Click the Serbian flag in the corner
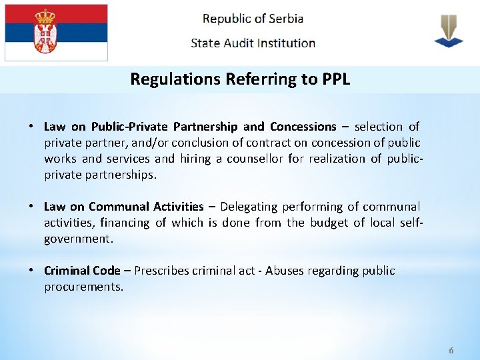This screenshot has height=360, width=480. [x=56, y=33]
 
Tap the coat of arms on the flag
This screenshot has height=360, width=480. [x=45, y=31]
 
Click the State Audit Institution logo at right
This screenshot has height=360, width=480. [x=448, y=31]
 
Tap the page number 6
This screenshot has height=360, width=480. [x=451, y=351]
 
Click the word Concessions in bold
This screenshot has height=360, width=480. [x=303, y=127]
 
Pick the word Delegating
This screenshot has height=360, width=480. [x=251, y=207]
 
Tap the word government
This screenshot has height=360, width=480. [x=76, y=239]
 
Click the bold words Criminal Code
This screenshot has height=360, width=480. [x=82, y=271]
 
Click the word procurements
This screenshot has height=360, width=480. [x=83, y=287]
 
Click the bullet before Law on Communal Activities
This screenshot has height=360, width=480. [x=31, y=207]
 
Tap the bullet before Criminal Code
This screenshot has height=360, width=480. [x=31, y=271]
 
